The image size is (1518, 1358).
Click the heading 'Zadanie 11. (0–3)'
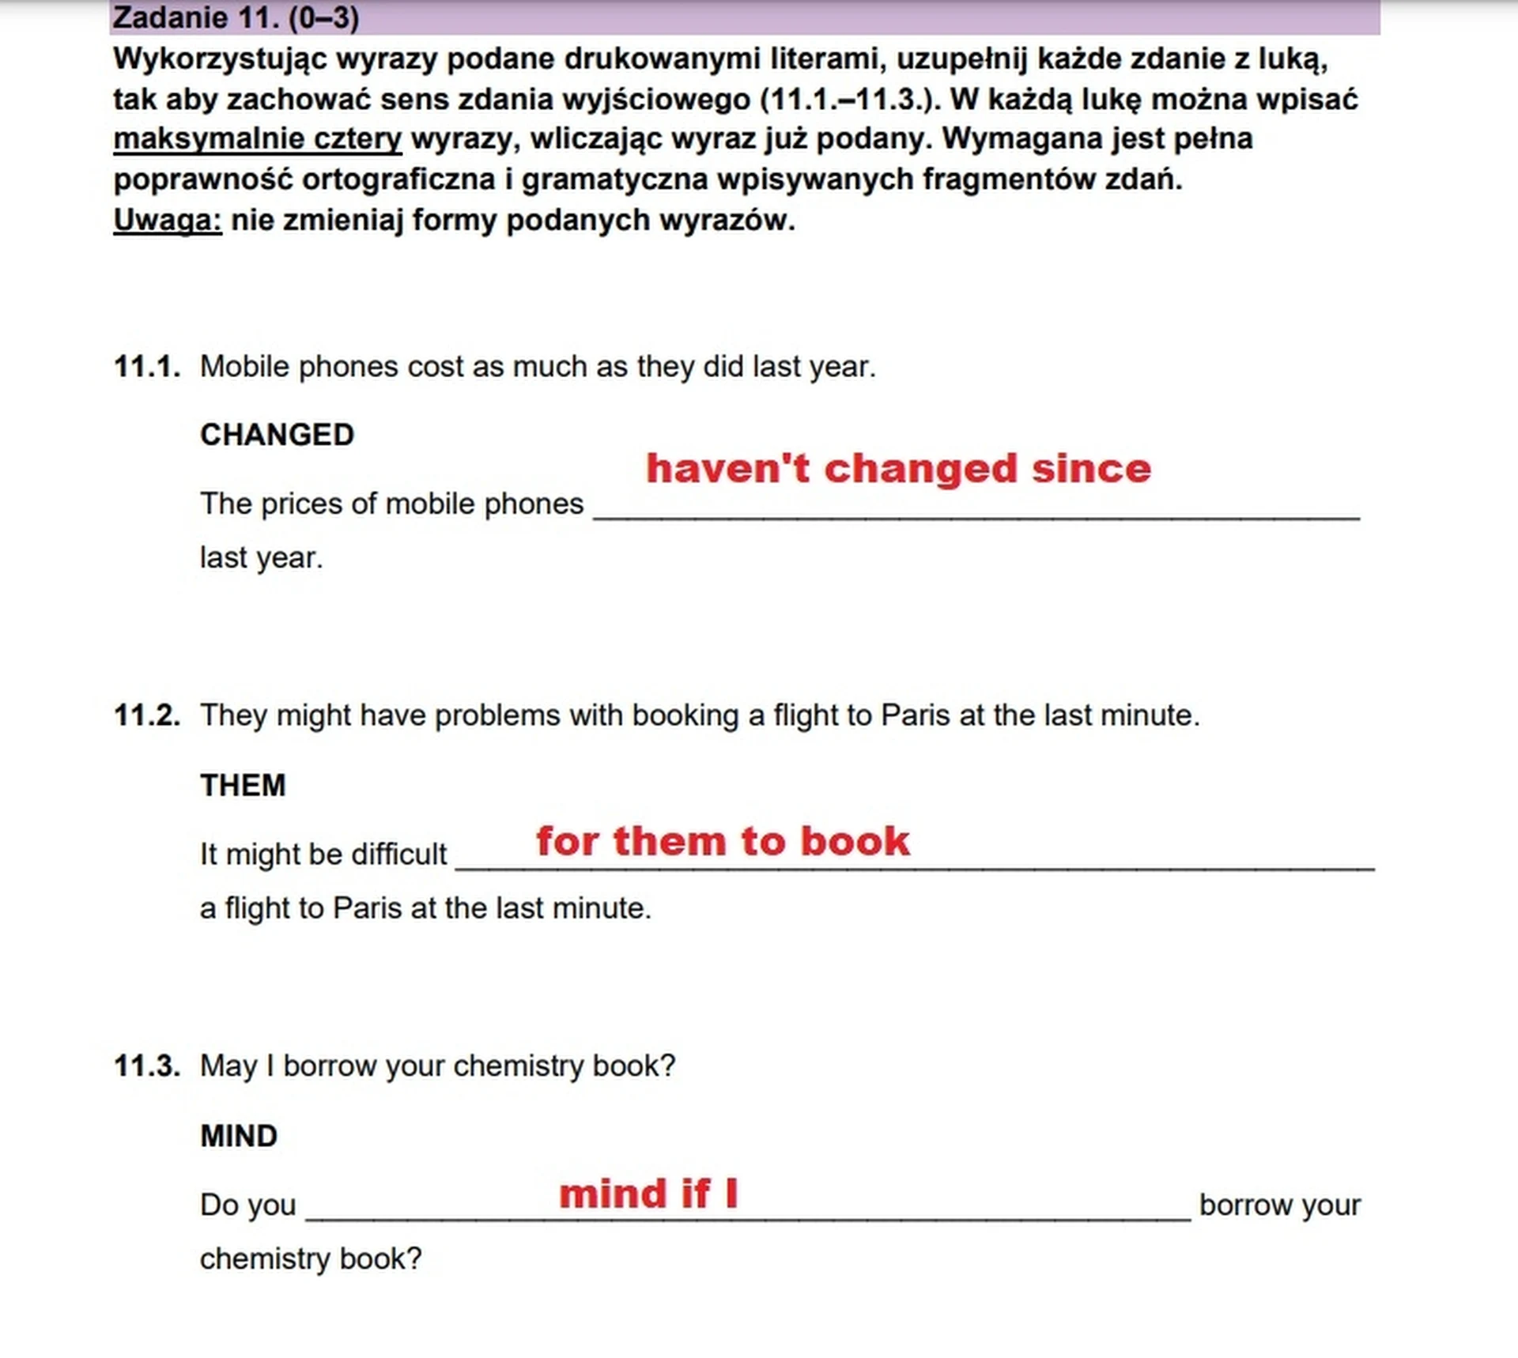tap(236, 17)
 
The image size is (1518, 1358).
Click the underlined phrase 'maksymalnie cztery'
tap(257, 139)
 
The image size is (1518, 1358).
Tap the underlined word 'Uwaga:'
tap(167, 220)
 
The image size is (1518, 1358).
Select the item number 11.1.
tap(147, 367)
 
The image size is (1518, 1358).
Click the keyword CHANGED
tap(277, 435)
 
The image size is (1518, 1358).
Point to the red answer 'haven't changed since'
tap(898, 469)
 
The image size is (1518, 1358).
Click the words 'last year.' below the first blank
tap(261, 558)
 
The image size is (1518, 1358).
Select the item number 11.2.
tap(147, 715)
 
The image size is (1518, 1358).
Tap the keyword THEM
tap(243, 786)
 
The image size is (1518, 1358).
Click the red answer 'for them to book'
tap(723, 841)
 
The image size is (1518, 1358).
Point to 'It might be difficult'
tap(323, 854)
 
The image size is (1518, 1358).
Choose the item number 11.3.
tap(147, 1066)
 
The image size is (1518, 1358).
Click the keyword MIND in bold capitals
tap(239, 1137)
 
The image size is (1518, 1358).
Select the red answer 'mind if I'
tap(648, 1194)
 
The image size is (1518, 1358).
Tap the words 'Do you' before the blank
tap(247, 1205)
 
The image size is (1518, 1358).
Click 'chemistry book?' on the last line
tap(311, 1259)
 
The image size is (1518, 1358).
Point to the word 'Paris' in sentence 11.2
tap(915, 715)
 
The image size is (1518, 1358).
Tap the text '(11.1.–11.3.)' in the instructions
tap(849, 100)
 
